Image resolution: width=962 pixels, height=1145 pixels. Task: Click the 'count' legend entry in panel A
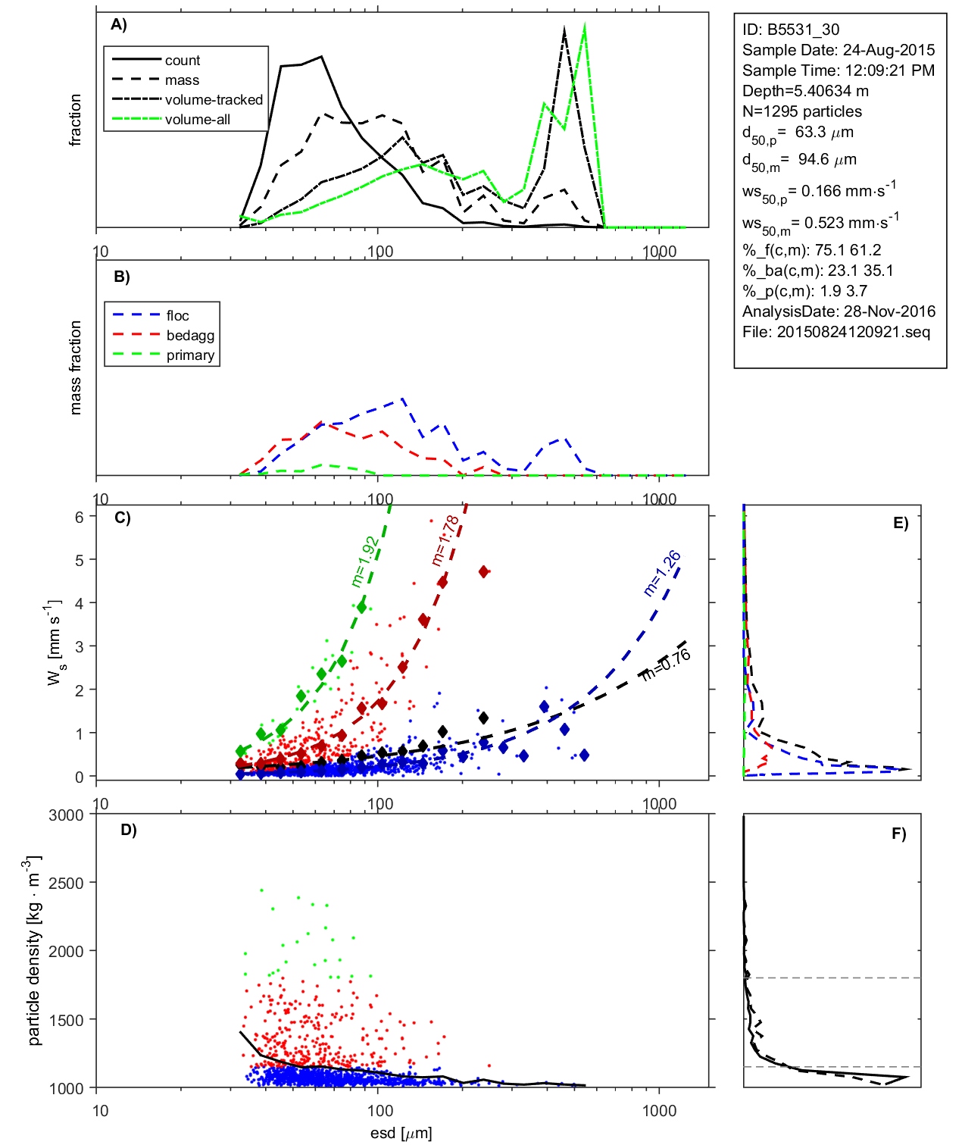182,61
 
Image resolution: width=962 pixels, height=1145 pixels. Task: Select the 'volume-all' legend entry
197,120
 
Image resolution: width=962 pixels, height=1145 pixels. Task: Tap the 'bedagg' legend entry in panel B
190,336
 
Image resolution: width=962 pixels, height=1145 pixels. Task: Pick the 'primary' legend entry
190,355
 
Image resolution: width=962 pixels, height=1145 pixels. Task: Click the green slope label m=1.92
364,562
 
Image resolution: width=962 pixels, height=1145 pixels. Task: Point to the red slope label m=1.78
445,540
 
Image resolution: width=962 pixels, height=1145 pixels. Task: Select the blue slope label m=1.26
662,574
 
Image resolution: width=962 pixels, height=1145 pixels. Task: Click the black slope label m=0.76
666,665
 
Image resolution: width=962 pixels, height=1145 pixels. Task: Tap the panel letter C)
122,518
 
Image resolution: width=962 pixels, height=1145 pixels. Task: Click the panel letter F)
898,834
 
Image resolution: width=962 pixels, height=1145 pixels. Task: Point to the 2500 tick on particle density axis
66,883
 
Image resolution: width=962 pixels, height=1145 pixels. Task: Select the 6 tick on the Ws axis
79,517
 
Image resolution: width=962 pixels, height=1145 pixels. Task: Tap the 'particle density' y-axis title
33,951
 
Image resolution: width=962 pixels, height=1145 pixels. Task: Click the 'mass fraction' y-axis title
75,368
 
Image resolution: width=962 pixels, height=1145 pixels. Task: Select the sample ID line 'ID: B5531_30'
791,30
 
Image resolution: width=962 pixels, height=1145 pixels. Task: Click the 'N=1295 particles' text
801,111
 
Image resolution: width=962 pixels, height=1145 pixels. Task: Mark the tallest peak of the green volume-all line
585,27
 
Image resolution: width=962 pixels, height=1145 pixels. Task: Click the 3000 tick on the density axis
66,815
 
